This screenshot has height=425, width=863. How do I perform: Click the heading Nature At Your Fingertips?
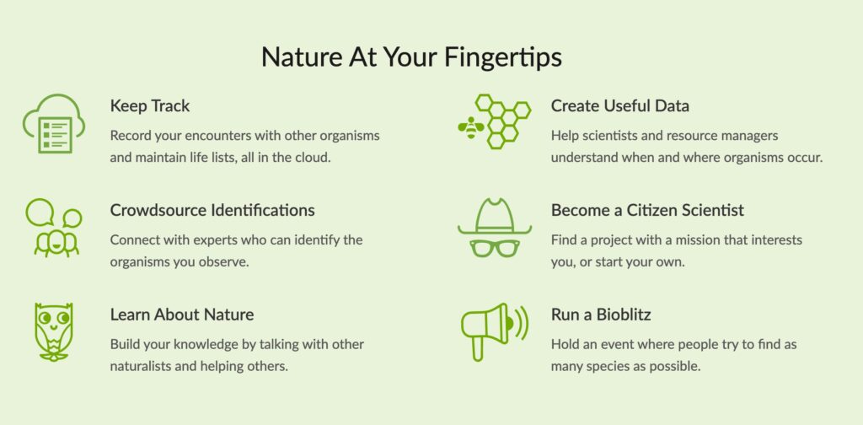(411, 56)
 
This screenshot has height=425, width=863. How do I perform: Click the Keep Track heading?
(150, 106)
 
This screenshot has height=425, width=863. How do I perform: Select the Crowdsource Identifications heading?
(212, 210)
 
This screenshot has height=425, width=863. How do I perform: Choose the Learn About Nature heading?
(182, 315)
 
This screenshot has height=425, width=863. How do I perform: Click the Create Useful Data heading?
(620, 106)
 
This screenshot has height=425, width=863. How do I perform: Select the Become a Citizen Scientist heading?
(647, 210)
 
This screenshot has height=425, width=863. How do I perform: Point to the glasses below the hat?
(495, 249)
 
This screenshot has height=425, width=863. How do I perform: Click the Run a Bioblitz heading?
(601, 315)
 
